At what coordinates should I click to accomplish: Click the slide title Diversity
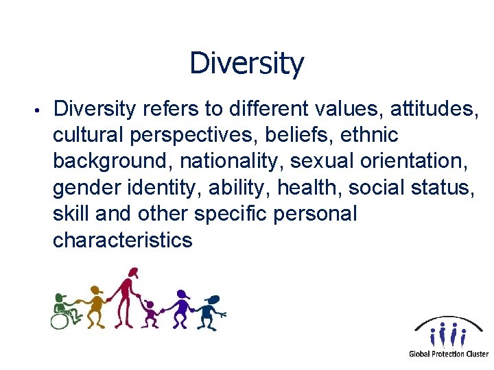point(246,64)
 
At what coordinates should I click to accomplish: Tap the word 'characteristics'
point(123,240)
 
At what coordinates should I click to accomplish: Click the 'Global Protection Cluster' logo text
point(448,354)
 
